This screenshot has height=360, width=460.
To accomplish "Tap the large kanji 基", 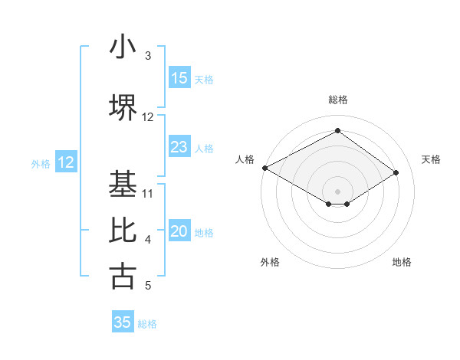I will pyautogui.click(x=123, y=184).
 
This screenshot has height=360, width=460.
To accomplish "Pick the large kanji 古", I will pyautogui.click(x=123, y=277).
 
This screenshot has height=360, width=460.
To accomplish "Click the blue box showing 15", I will pyautogui.click(x=179, y=78).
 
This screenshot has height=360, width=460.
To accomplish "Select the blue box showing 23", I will pyautogui.click(x=179, y=147).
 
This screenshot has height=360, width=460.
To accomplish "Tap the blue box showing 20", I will pyautogui.click(x=179, y=232).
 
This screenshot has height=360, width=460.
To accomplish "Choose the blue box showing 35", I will pyautogui.click(x=123, y=322).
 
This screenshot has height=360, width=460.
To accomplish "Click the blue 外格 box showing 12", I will pyautogui.click(x=66, y=162).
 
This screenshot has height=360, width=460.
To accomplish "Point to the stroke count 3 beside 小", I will pyautogui.click(x=148, y=56).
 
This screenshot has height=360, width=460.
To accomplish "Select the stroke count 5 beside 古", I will pyautogui.click(x=148, y=286).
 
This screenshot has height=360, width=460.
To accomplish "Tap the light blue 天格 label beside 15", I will pyautogui.click(x=203, y=79).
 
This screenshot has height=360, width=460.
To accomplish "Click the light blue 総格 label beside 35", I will pyautogui.click(x=147, y=324).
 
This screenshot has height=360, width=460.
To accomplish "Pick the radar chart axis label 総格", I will pyautogui.click(x=337, y=100).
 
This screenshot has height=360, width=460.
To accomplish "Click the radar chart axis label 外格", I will pyautogui.click(x=270, y=262).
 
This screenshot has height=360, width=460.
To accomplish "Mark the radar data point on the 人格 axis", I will pyautogui.click(x=264, y=168).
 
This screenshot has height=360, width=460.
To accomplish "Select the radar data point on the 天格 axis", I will pyautogui.click(x=396, y=173).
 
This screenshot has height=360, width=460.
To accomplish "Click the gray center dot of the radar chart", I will pyautogui.click(x=337, y=191).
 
